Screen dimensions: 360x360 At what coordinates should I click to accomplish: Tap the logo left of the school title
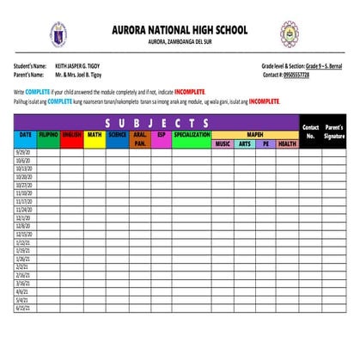pyautogui.click(x=58, y=34)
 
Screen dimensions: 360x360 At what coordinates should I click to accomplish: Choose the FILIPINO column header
pyautogui.click(x=48, y=135)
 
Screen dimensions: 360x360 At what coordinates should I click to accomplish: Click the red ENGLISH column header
pyautogui.click(x=71, y=135)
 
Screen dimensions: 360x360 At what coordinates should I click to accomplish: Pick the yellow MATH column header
pyautogui.click(x=95, y=135)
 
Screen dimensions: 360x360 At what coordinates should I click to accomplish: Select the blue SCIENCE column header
pyautogui.click(x=118, y=135)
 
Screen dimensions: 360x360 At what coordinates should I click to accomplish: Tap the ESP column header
pyautogui.click(x=161, y=135)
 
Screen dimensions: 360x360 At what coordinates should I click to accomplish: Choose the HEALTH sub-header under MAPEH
pyautogui.click(x=288, y=144)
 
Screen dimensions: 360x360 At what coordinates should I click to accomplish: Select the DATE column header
pyautogui.click(x=25, y=135)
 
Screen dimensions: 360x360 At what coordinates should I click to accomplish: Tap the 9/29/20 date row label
pyautogui.click(x=23, y=151)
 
